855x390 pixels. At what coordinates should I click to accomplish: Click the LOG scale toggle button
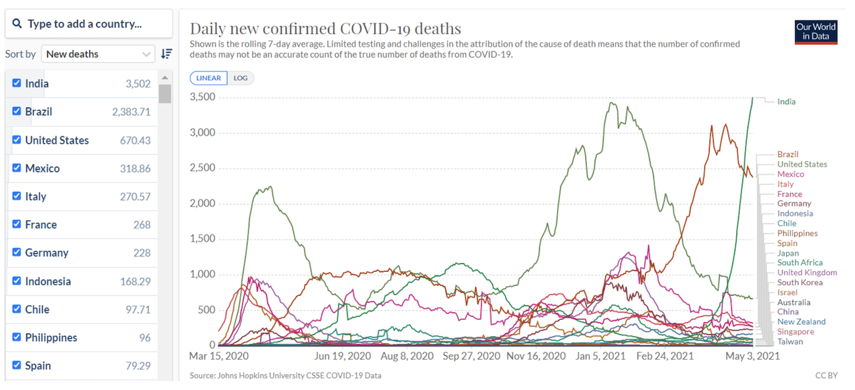click(240, 78)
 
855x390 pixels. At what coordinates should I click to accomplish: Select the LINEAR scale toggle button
click(208, 78)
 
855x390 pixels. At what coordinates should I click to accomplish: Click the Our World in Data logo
click(816, 32)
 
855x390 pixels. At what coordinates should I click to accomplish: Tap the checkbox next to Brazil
click(17, 112)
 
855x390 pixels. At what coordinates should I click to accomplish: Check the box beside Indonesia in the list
click(17, 281)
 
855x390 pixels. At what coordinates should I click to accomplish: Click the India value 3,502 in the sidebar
click(138, 84)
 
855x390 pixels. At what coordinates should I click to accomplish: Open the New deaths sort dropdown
click(98, 54)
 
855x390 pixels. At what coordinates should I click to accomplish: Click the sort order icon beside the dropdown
click(166, 54)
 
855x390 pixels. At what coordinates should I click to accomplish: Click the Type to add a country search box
click(89, 24)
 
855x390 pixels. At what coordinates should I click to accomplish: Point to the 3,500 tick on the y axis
click(202, 97)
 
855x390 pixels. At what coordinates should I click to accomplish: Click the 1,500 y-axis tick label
click(202, 239)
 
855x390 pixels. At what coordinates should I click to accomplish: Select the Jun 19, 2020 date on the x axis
click(342, 357)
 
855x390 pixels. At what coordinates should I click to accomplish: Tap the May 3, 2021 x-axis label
click(752, 357)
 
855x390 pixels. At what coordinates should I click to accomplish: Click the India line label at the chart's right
click(786, 102)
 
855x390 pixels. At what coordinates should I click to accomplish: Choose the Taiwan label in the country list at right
click(790, 342)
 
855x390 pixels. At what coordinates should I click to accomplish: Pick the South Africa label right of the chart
click(800, 263)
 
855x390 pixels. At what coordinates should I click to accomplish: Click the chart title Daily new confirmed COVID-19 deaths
click(325, 29)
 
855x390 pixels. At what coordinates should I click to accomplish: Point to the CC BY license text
click(826, 376)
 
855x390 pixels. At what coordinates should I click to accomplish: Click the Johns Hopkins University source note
click(285, 376)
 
